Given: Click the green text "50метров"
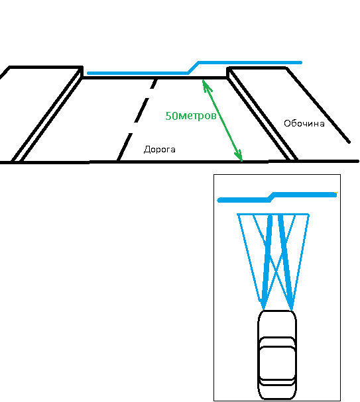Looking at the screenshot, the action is tap(191, 116).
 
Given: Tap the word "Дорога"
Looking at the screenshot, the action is tap(160, 150).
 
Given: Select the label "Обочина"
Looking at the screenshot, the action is tap(304, 123).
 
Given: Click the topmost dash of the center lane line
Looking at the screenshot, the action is tap(154, 84).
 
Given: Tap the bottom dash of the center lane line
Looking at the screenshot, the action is tap(125, 147).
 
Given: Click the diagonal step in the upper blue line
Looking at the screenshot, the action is tap(193, 68).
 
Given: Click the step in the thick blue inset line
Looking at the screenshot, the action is tap(271, 197).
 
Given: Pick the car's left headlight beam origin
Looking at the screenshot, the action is tap(263, 309).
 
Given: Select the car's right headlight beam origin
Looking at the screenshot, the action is tap(292, 309).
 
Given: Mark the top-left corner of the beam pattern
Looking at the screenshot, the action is tap(237, 214).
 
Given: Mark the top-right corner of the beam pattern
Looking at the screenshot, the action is tap(308, 214).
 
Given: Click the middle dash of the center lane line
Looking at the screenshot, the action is tap(141, 110).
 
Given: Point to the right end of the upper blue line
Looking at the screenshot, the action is tap(301, 62).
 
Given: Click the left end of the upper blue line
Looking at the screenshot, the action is tap(89, 73).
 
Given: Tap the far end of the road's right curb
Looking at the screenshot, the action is tap(228, 69).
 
